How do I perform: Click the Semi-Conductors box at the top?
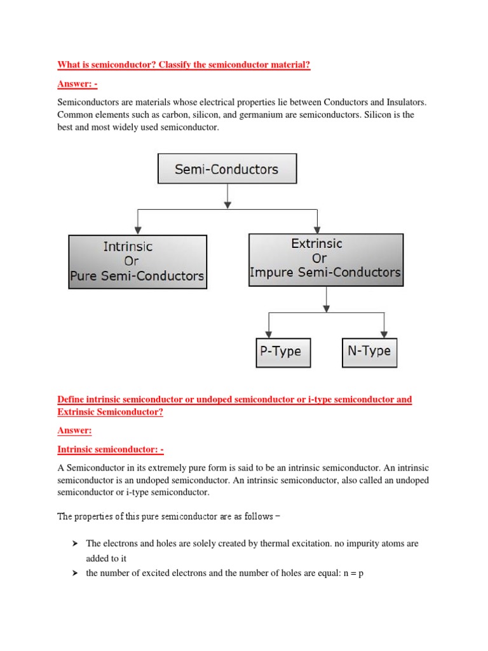click(227, 169)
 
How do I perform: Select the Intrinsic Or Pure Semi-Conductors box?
click(137, 261)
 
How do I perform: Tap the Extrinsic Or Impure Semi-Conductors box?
click(325, 259)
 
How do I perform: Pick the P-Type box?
click(283, 352)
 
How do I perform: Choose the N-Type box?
click(369, 352)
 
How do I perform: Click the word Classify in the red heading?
click(164, 65)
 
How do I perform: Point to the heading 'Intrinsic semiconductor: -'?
click(111, 449)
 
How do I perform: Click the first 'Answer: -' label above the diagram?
click(78, 83)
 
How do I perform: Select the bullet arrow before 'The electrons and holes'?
click(74, 544)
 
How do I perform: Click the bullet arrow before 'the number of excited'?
click(74, 573)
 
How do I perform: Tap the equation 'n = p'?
click(350, 573)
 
